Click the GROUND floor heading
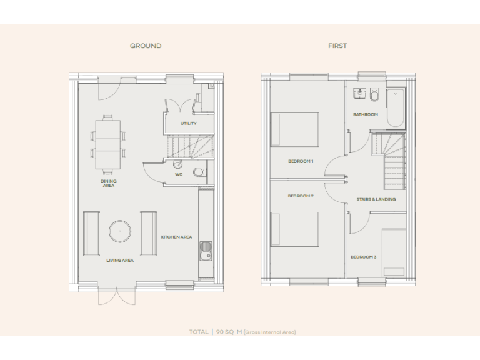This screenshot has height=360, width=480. (x=146, y=46)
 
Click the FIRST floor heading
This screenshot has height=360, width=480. (x=337, y=46)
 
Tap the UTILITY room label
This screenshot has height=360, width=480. (x=189, y=123)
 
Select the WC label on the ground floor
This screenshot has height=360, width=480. (x=179, y=174)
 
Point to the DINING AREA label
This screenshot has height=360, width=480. (x=109, y=183)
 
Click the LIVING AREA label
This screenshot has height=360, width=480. (x=119, y=260)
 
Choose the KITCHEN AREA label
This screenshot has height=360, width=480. (x=176, y=237)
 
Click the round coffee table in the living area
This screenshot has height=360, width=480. (x=119, y=232)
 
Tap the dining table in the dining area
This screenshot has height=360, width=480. (x=108, y=144)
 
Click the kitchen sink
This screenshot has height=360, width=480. (x=204, y=253)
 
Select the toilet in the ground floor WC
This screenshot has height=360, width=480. (x=199, y=171)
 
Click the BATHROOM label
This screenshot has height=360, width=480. (x=366, y=114)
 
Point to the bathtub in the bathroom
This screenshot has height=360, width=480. (x=396, y=107)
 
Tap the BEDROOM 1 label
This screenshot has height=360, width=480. (x=301, y=161)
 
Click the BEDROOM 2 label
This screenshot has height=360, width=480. (x=301, y=196)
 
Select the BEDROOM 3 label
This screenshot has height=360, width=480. (x=363, y=257)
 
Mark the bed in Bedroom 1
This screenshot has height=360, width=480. (x=294, y=129)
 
